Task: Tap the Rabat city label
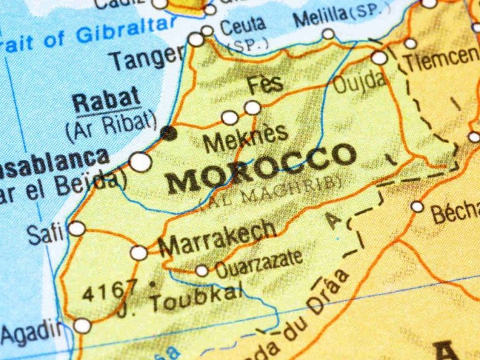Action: point(106,100)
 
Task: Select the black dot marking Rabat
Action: point(167,132)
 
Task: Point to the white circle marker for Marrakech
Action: point(139,253)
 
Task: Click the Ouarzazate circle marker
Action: point(201,271)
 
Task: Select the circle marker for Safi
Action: point(76,229)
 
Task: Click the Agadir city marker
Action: point(82,326)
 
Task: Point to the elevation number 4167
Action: point(109,291)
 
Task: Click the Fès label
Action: point(265,84)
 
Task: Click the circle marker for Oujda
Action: point(379,57)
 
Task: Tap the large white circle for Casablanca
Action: point(141,162)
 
